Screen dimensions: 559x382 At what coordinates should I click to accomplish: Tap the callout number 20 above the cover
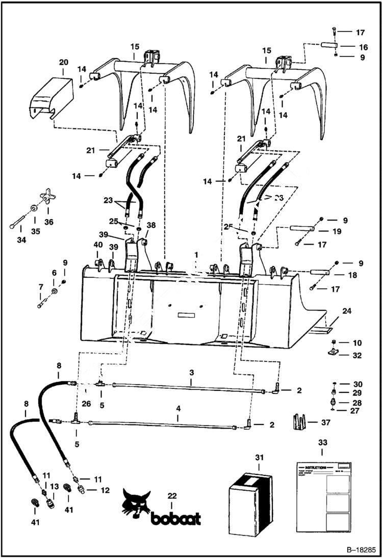tap(63, 62)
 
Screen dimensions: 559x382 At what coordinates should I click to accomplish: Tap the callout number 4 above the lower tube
tap(177, 409)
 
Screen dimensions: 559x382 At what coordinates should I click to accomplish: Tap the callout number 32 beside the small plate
tap(356, 355)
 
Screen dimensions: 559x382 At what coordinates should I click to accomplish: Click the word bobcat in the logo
tap(176, 518)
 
